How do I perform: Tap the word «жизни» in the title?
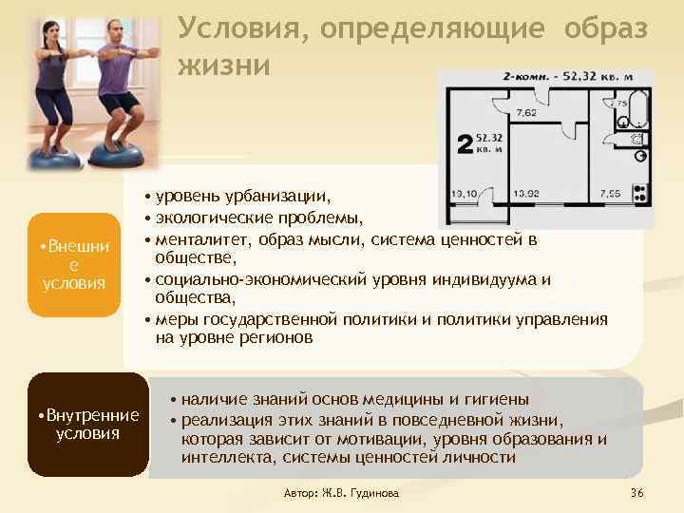[223, 65]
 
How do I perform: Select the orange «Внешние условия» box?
[74, 265]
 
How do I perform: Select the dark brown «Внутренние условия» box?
[87, 425]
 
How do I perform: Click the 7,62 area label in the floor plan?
[525, 112]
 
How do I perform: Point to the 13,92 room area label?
[525, 193]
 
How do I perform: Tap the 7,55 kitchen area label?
[611, 193]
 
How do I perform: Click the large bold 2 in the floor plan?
[465, 143]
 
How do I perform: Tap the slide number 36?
[636, 494]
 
